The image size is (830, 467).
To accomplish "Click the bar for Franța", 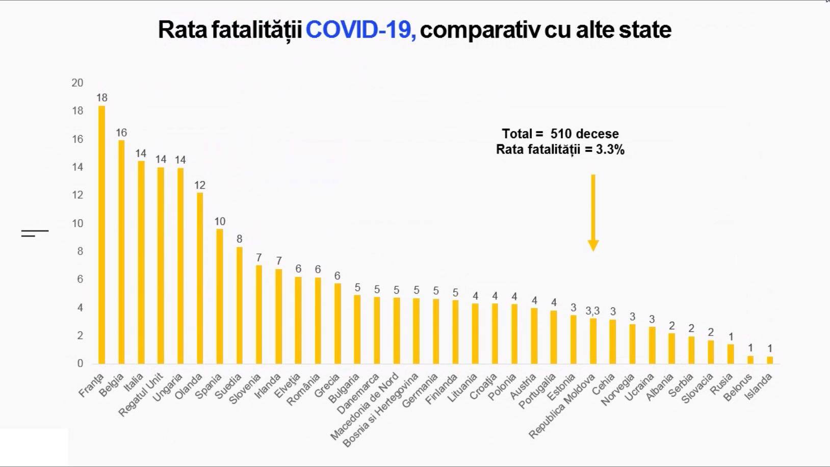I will [101, 235].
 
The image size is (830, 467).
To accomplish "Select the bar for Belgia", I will [121, 252].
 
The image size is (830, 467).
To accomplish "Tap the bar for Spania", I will [220, 296].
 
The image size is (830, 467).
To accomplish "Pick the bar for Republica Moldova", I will [593, 341].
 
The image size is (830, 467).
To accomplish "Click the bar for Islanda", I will [770, 360].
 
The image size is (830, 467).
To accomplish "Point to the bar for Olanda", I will [200, 278].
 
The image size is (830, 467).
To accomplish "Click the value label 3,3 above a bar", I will [592, 310].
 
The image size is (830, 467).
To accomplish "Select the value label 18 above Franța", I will [101, 97].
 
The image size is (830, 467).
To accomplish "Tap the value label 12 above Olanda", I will [200, 185].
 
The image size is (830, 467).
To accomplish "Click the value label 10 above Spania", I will [220, 221].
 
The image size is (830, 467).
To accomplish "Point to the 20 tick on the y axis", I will [77, 83].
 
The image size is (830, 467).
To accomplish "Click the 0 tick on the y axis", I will [80, 364].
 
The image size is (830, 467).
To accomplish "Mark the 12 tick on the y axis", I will [77, 195].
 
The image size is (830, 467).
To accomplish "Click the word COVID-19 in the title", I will [360, 30].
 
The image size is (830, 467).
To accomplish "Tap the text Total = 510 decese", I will [560, 134].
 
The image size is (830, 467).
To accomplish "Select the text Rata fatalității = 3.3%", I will [560, 149].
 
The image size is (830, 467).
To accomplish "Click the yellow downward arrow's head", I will [593, 246].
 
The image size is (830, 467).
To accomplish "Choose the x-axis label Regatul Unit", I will [141, 394].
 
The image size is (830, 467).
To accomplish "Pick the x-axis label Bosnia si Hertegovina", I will [381, 410].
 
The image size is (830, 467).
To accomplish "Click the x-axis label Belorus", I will [738, 387].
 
